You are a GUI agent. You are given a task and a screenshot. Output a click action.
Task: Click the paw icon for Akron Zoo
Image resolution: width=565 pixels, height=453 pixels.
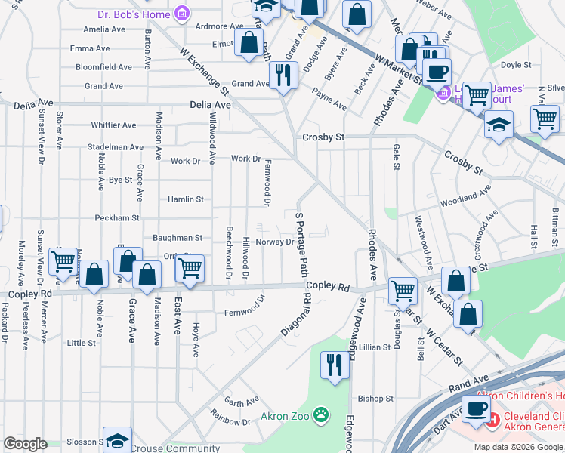pos(322,414)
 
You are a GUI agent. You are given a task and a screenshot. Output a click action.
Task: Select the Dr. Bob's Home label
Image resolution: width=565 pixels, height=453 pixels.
pos(134,14)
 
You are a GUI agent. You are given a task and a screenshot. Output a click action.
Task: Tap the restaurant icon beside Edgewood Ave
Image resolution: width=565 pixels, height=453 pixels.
pos(333,365)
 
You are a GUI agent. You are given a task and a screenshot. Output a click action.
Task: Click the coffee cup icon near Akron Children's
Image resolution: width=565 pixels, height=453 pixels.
pos(476,408)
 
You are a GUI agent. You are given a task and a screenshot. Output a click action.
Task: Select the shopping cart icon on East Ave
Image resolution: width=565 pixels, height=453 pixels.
pos(190,267)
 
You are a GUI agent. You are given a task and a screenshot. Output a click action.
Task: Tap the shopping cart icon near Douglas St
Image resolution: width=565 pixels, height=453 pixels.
pos(403,289)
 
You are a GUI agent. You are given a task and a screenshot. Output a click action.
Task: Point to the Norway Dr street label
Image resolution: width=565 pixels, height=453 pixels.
pos(274,242)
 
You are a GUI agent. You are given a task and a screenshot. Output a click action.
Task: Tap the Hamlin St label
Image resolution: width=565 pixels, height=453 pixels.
pos(186,199)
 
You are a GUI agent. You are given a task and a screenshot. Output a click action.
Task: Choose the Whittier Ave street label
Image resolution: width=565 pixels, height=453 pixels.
pos(113,125)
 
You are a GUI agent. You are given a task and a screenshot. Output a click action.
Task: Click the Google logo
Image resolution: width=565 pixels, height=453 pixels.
pos(25,443)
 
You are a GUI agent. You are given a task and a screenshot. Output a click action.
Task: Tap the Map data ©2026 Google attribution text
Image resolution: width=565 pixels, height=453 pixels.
pos(518,447)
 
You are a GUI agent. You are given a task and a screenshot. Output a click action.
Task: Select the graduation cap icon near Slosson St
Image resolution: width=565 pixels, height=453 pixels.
pos(117,440)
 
